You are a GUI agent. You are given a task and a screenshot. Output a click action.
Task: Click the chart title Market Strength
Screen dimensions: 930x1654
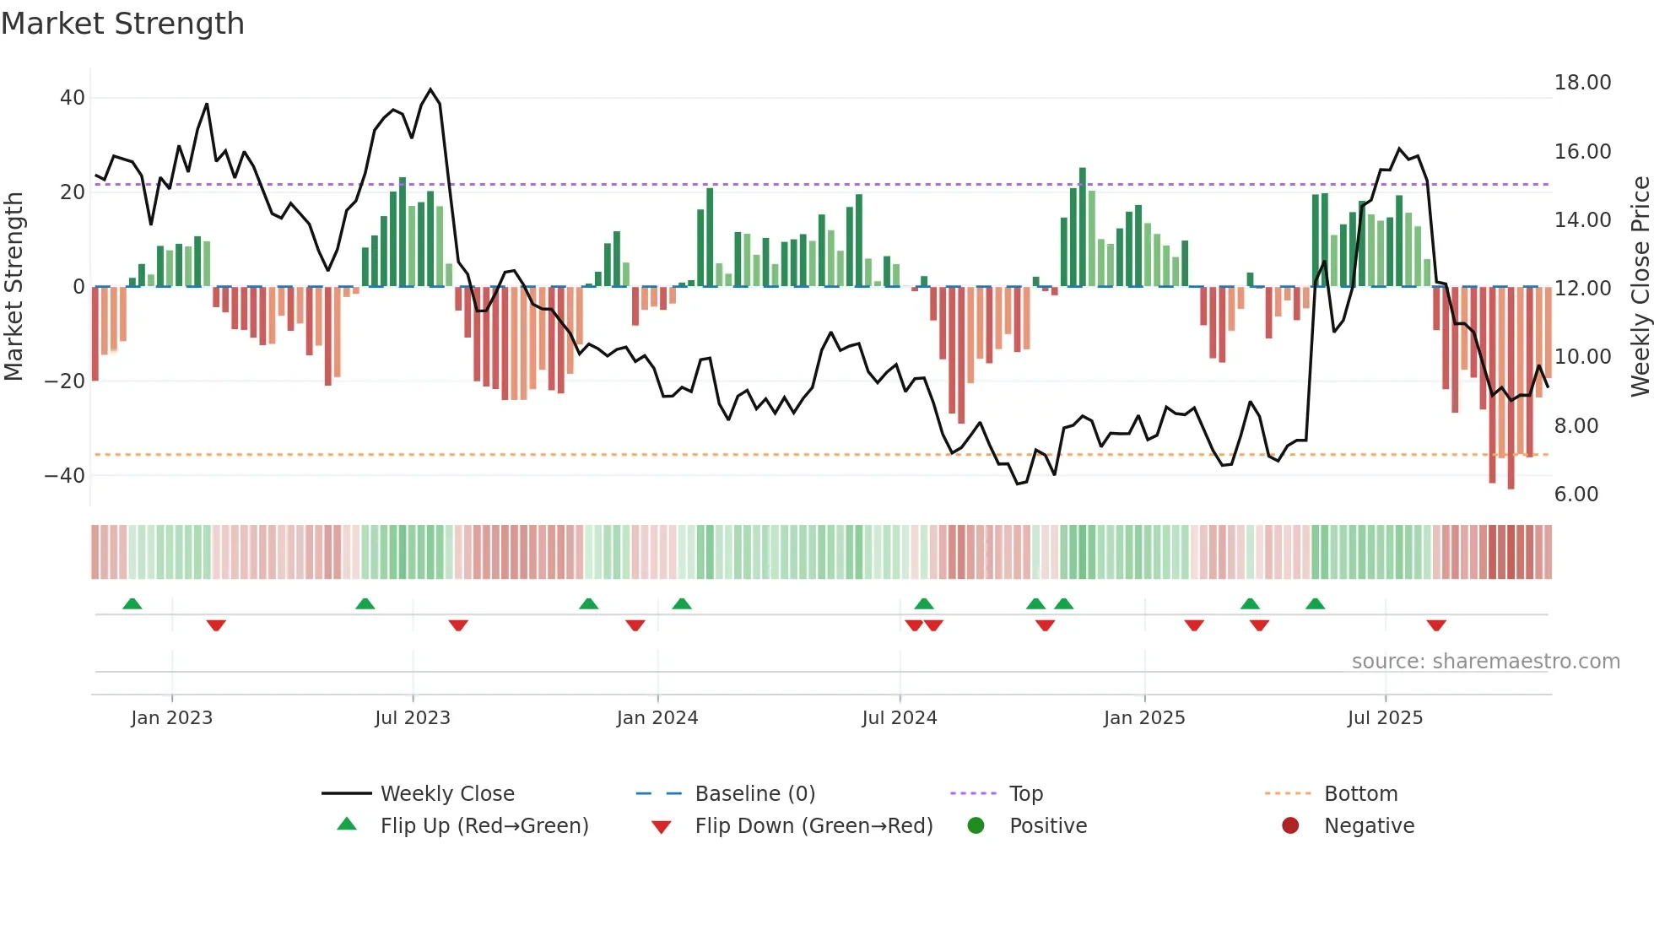click(122, 24)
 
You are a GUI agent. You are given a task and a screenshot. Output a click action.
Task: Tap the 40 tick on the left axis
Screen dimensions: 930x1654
click(73, 98)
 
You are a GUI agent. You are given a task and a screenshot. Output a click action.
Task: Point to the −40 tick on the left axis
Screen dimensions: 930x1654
click(65, 475)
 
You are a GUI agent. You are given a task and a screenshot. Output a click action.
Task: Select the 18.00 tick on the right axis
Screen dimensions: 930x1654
click(1582, 83)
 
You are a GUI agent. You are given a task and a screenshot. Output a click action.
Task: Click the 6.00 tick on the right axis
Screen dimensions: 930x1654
click(1576, 495)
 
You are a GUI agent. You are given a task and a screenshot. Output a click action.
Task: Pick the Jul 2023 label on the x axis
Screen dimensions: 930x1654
click(413, 718)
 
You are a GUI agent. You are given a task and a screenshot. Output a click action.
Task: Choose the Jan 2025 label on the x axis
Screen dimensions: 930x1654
click(1144, 718)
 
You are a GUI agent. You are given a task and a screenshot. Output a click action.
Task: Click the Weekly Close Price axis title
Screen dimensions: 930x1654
click(1640, 287)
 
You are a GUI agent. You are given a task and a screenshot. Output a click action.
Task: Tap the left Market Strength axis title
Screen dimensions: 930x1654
click(14, 287)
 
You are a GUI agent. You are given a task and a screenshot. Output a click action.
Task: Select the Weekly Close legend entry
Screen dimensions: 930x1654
click(446, 794)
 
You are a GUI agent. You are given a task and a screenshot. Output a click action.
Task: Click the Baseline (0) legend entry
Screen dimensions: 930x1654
click(754, 794)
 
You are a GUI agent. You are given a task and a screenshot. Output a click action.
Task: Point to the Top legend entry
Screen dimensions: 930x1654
click(1025, 794)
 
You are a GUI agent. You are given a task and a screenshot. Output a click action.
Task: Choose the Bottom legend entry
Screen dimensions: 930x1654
click(1360, 794)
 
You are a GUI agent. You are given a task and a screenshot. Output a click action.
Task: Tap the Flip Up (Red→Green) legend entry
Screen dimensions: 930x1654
click(484, 826)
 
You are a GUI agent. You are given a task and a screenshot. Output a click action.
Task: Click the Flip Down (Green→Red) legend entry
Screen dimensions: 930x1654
click(813, 826)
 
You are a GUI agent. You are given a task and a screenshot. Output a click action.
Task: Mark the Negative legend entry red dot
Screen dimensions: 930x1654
click(1290, 826)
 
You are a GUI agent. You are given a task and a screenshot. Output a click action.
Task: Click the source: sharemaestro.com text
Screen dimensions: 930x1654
click(1485, 662)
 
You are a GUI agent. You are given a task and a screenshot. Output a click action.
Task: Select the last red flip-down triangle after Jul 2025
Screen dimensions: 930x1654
click(1436, 625)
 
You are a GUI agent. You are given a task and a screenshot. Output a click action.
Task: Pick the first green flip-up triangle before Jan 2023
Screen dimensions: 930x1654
click(132, 603)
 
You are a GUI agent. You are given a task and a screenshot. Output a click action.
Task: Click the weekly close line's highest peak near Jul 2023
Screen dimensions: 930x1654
click(430, 89)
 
